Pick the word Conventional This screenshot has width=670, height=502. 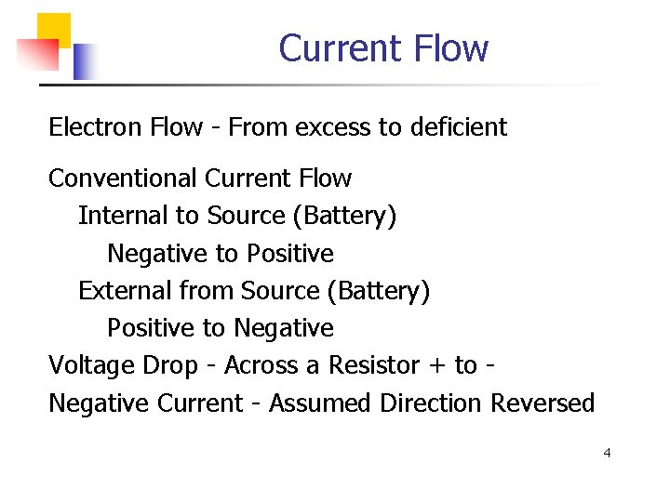[123, 178]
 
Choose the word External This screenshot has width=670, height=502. [117, 291]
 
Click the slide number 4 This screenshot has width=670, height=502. [607, 454]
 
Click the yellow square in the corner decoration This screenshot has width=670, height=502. [53, 28]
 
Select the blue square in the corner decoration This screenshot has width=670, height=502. [86, 61]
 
